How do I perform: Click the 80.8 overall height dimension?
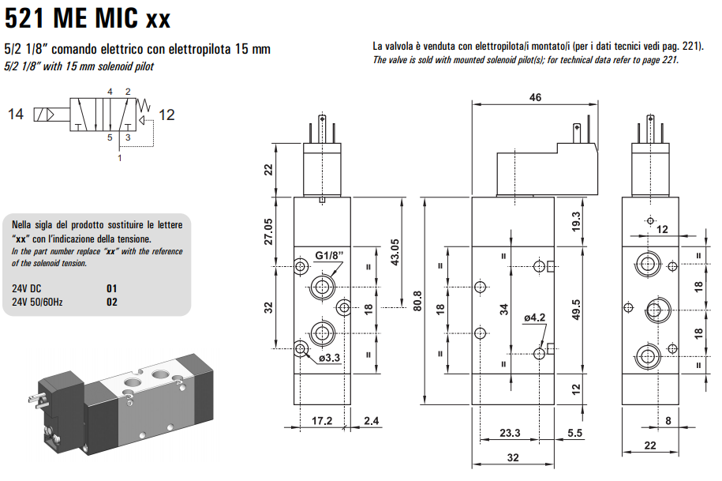click(x=417, y=301)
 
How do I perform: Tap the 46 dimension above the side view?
click(x=535, y=97)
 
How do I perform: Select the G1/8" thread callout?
click(x=330, y=255)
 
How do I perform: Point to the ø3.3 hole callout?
click(x=329, y=358)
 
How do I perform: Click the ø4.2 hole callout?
click(x=534, y=318)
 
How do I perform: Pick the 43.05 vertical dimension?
click(x=395, y=252)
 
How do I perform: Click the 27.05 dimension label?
click(x=268, y=231)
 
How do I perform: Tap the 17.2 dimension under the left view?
click(x=322, y=421)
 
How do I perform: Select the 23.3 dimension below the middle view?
click(x=510, y=433)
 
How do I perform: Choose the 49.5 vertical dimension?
click(x=575, y=310)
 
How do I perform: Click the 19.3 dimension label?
click(x=575, y=222)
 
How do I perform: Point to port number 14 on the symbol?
click(x=16, y=114)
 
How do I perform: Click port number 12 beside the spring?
click(x=166, y=115)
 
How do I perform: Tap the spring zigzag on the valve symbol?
click(x=144, y=106)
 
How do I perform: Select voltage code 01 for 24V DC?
click(x=112, y=288)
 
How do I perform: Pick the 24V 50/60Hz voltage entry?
click(x=37, y=302)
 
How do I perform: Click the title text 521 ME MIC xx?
click(x=88, y=18)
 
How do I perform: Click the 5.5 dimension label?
click(x=574, y=433)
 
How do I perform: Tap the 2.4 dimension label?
click(x=371, y=421)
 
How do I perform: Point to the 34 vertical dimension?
click(x=503, y=309)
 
